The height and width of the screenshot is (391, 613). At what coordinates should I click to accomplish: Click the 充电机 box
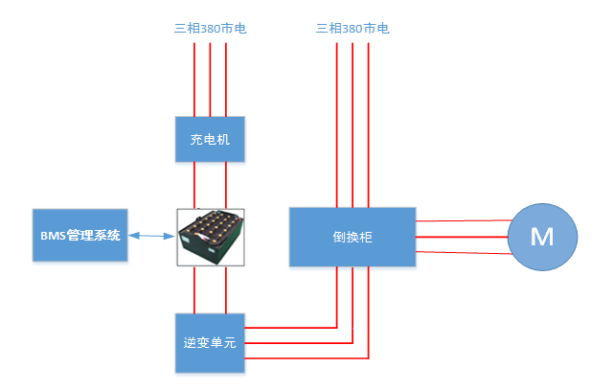[210, 139]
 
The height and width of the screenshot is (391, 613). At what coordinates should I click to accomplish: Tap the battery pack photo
[211, 237]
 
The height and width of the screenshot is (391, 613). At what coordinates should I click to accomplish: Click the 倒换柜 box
[352, 236]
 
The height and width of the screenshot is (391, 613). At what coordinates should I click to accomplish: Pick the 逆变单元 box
[210, 342]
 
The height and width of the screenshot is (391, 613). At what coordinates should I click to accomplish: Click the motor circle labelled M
[542, 237]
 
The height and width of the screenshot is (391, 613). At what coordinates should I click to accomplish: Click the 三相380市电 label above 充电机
[210, 29]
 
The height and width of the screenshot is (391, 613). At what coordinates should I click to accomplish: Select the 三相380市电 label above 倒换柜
[352, 29]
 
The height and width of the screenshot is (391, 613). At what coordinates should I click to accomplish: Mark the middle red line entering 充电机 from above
[211, 81]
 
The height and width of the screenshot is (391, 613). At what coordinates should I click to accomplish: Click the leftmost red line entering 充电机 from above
[194, 81]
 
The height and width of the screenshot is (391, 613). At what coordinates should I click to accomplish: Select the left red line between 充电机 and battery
[195, 184]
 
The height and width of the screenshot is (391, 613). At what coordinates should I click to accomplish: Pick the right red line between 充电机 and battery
[226, 184]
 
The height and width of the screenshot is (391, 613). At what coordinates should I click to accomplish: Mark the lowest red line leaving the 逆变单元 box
[306, 358]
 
